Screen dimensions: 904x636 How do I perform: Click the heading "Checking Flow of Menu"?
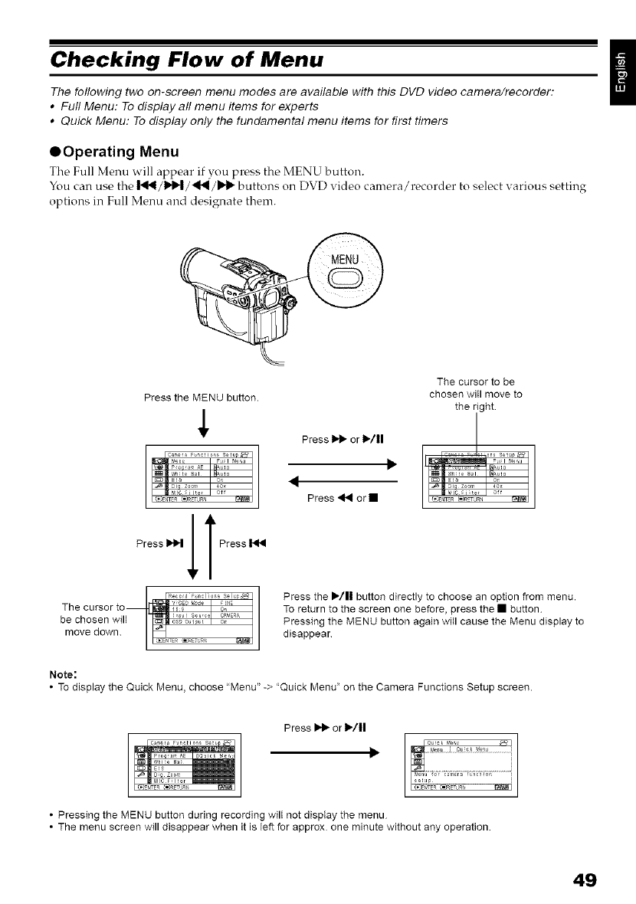[184, 58]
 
